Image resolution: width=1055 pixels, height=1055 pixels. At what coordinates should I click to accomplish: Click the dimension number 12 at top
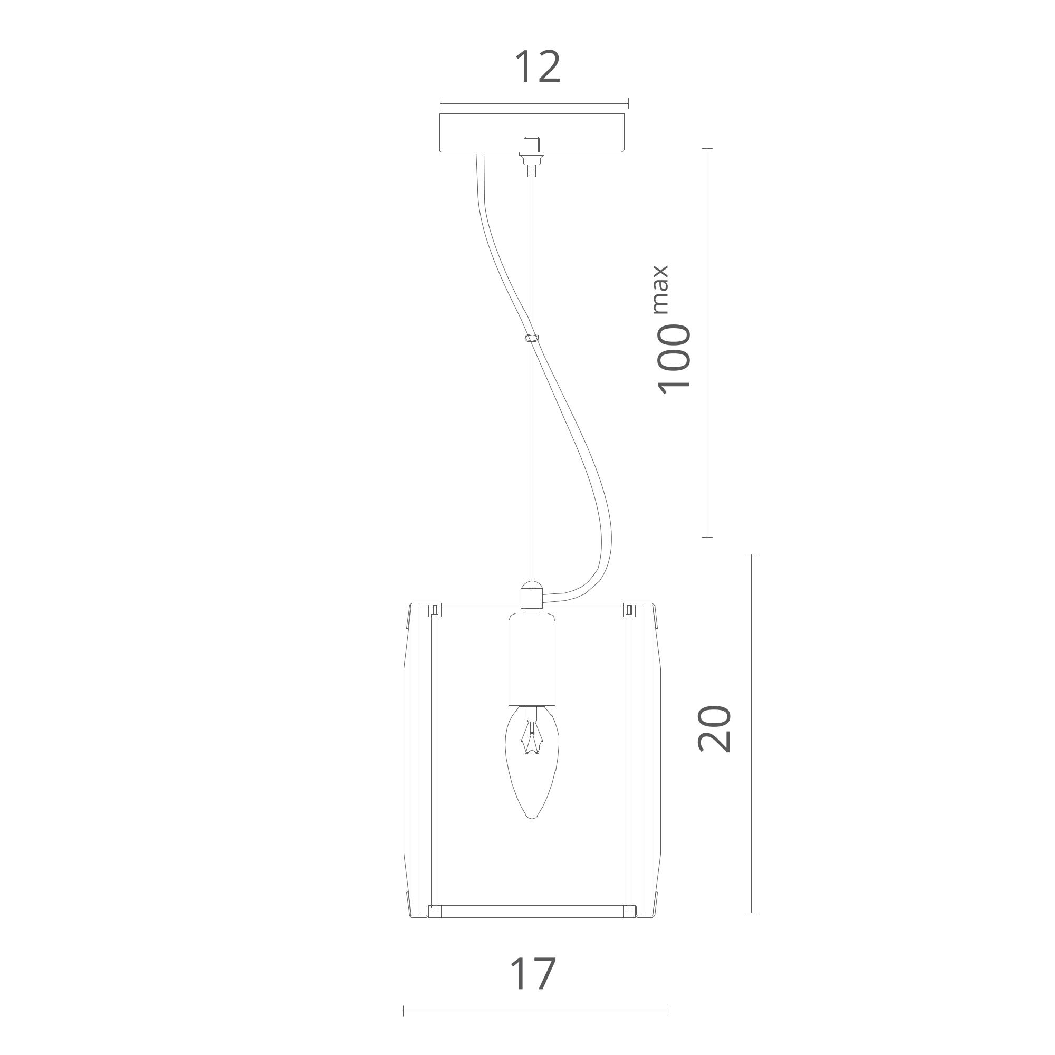pos(538,67)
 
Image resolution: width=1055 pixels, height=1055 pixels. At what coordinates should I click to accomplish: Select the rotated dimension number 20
pos(714,729)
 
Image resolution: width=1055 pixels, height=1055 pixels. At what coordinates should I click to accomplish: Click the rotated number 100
pos(673,359)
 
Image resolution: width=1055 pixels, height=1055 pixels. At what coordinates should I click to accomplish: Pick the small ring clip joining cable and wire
pos(531,338)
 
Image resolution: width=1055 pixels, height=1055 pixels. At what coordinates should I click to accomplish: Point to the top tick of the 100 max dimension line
pos(708,149)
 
